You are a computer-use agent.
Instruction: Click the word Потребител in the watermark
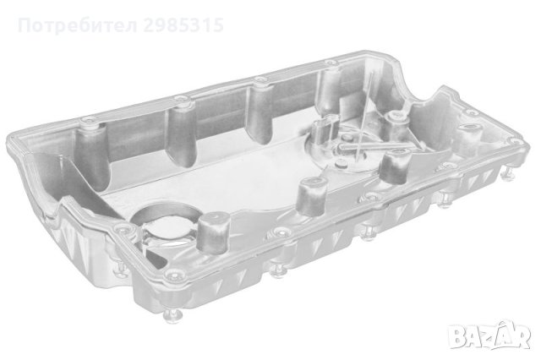(x=78, y=25)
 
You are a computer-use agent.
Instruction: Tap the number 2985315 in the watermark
(x=183, y=25)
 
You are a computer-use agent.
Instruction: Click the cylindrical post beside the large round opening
(x=214, y=232)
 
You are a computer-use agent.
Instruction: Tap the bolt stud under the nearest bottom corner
(x=172, y=315)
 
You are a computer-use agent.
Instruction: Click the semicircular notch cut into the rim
(x=419, y=90)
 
